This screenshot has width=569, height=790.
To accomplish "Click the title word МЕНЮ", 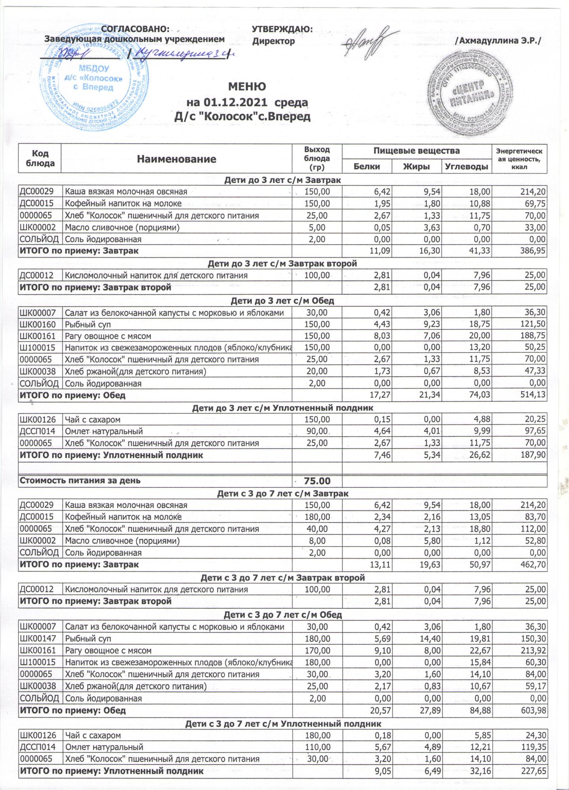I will point(247,87).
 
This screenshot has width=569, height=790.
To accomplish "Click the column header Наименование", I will point(177,159).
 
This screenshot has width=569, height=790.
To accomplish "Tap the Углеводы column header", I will point(466,166).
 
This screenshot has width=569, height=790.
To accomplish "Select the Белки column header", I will point(367,166).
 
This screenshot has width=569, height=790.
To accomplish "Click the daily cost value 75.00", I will point(317,481).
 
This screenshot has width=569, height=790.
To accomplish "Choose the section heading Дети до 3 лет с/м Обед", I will point(282,301).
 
